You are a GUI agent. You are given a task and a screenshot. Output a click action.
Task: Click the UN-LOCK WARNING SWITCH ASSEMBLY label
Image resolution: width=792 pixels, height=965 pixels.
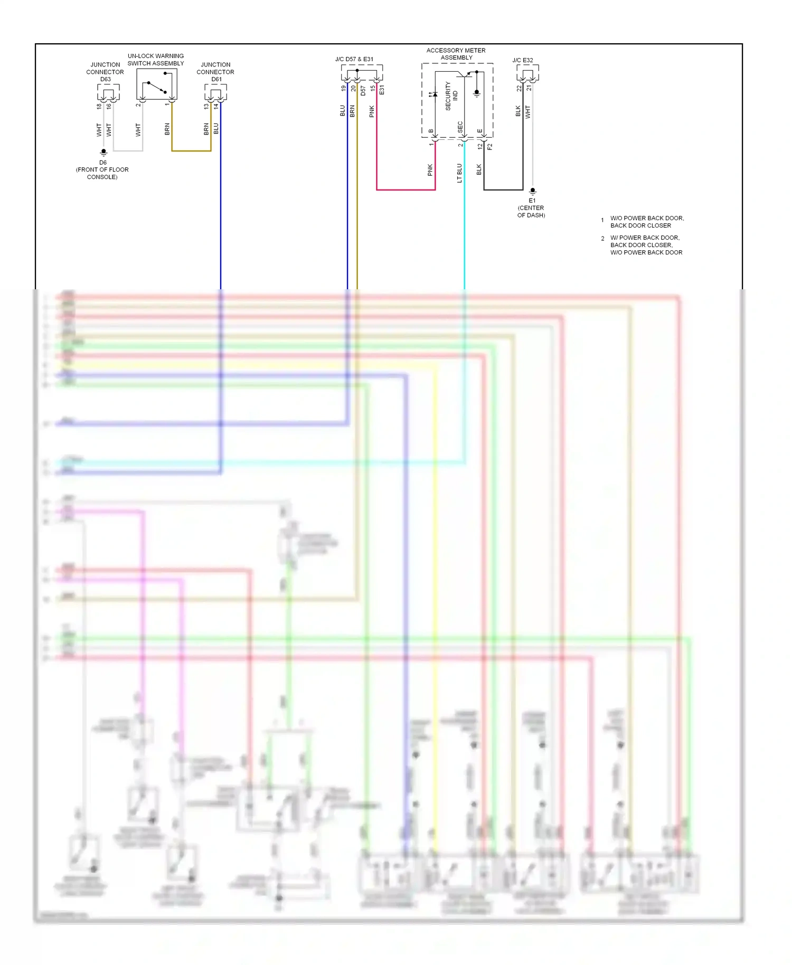[156, 60]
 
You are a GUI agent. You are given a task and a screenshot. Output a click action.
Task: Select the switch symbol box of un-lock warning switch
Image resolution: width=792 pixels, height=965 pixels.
[156, 84]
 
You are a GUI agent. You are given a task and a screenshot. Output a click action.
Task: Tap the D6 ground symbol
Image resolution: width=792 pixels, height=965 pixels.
[103, 152]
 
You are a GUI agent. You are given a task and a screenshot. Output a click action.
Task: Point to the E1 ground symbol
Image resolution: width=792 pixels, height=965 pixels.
[533, 191]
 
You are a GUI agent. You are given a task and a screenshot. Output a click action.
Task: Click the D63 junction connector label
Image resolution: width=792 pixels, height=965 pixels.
[105, 72]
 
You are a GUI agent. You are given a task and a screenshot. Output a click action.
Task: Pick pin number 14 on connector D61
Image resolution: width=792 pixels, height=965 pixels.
[216, 106]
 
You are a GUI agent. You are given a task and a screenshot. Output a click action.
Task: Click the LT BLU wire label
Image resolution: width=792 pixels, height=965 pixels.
[459, 173]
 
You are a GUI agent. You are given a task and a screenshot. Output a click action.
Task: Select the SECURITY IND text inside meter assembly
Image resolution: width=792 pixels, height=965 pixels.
[451, 96]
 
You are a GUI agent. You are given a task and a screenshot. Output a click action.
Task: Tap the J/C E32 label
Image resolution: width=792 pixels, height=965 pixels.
[523, 60]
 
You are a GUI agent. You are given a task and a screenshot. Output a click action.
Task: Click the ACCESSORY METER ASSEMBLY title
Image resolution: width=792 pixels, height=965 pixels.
[456, 54]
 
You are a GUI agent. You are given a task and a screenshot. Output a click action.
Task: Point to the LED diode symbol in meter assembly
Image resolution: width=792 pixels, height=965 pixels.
[433, 94]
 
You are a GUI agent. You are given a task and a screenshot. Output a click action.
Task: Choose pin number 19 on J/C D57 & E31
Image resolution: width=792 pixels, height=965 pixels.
[343, 88]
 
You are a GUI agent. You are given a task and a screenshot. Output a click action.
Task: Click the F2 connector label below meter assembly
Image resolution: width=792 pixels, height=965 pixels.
[489, 147]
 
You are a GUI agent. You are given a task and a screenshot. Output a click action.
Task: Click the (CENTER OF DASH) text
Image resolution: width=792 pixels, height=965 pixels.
[531, 211]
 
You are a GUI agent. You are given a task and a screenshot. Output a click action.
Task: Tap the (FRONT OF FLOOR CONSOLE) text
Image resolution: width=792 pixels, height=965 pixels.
[102, 173]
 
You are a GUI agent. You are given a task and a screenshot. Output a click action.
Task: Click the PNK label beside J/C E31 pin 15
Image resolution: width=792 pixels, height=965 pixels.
[372, 111]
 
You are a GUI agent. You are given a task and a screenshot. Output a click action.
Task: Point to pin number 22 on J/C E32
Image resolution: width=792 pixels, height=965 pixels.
[519, 88]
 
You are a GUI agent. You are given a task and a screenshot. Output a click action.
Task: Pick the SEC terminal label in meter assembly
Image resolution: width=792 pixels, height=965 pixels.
[460, 127]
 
